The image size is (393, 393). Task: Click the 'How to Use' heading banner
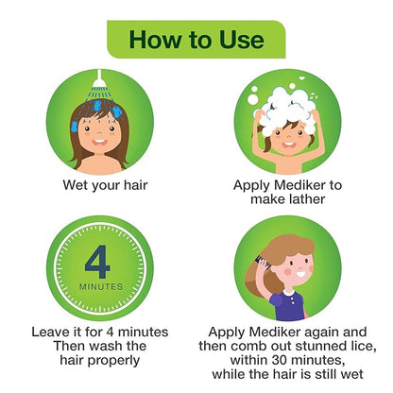coord(196,40)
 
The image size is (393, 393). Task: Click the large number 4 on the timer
coord(98,259)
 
